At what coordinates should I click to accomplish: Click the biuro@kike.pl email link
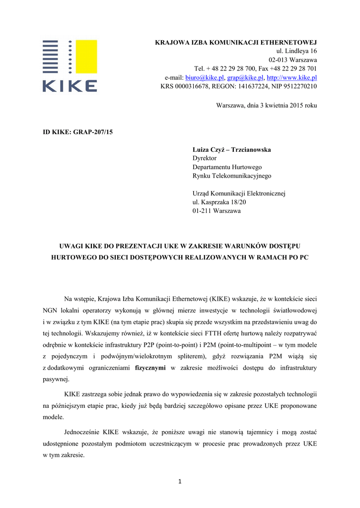[205, 78]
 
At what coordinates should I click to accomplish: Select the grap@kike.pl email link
[245, 78]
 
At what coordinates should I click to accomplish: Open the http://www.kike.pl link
[292, 78]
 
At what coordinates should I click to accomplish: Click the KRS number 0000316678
[192, 86]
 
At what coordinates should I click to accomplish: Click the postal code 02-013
[279, 60]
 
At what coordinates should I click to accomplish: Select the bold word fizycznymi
[151, 368]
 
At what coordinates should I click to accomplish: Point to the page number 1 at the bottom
[180, 481]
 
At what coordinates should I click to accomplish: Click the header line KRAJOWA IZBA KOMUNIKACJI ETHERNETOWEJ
[236, 42]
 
